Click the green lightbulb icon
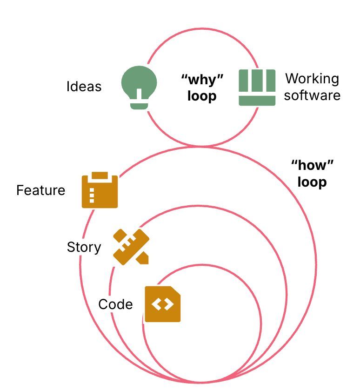(139, 86)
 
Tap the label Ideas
(84, 87)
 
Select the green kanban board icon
(257, 87)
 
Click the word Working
(312, 78)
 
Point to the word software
(312, 95)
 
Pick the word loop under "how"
(312, 182)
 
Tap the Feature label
(41, 190)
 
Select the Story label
(84, 247)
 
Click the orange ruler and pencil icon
(131, 247)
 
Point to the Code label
(115, 304)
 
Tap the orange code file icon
(162, 304)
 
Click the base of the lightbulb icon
(139, 106)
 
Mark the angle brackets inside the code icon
(162, 305)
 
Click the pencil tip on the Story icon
(144, 258)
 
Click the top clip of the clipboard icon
(100, 175)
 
